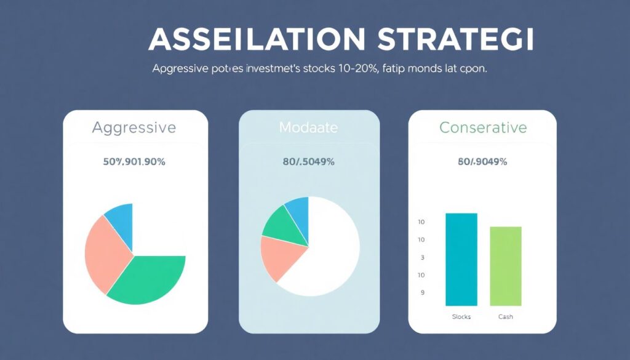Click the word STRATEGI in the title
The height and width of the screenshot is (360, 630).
pyautogui.click(x=456, y=39)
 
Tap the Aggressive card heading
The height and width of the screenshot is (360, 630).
pyautogui.click(x=134, y=128)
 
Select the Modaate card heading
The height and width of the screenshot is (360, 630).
pyautogui.click(x=308, y=128)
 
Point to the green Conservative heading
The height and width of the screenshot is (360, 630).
pyautogui.click(x=483, y=128)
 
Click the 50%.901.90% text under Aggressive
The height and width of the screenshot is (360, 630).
pyautogui.click(x=134, y=162)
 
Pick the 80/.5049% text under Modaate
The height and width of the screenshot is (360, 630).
pyautogui.click(x=308, y=162)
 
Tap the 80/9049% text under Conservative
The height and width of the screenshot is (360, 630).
pyautogui.click(x=482, y=162)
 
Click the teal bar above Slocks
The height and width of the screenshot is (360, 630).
pyautogui.click(x=461, y=259)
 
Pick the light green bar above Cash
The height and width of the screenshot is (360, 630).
pyautogui.click(x=505, y=266)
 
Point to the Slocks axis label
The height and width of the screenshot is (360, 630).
pyautogui.click(x=461, y=316)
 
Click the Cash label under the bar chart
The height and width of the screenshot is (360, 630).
pyautogui.click(x=505, y=316)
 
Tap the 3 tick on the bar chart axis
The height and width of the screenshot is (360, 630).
pyautogui.click(x=422, y=258)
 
